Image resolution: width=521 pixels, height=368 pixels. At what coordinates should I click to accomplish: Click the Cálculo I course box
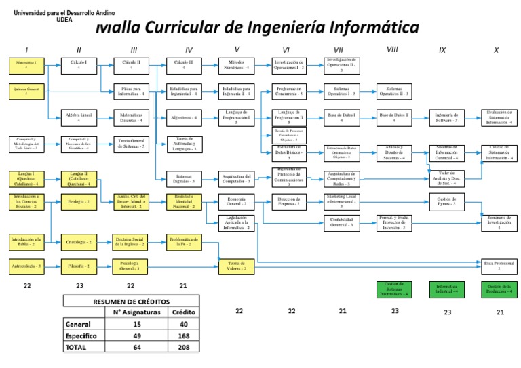[79, 65]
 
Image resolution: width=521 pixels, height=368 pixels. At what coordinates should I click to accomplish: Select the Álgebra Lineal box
[79, 118]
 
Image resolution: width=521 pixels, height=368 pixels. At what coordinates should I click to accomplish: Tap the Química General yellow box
[26, 91]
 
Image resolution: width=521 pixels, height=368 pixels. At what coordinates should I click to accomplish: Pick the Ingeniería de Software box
[446, 118]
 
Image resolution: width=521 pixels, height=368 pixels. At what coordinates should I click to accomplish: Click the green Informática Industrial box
[446, 289]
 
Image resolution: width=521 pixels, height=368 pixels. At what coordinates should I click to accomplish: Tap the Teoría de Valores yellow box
[236, 265]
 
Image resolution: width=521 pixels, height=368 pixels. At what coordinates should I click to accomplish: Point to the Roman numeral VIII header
[392, 49]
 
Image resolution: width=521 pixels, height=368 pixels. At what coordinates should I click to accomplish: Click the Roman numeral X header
[496, 49]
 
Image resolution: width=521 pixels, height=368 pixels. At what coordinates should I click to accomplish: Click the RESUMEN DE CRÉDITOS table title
[132, 301]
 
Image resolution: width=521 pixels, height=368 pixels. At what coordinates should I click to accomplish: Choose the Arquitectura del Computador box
[235, 179]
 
